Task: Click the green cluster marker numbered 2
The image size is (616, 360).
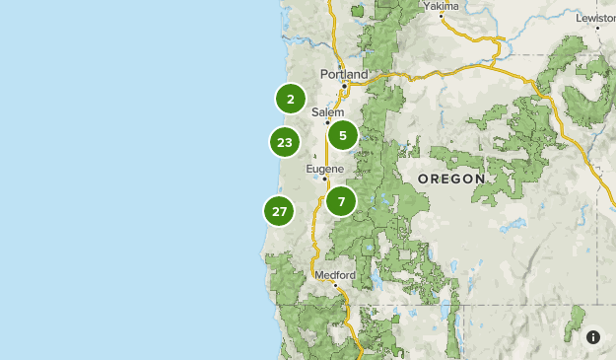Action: [290, 99]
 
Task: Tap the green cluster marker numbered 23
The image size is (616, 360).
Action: [285, 142]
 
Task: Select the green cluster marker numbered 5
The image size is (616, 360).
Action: [342, 135]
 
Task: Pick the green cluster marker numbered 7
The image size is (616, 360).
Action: [341, 201]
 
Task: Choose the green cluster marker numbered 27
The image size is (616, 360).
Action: [280, 211]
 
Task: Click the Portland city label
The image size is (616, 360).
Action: [344, 74]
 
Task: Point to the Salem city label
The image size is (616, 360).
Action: [327, 112]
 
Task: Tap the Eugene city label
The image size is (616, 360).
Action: [324, 169]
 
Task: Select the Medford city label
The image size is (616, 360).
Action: [331, 275]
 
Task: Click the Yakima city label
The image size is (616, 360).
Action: [442, 6]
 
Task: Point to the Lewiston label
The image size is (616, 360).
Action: [595, 19]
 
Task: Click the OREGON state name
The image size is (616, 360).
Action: [451, 179]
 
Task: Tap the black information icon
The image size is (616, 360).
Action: [593, 337]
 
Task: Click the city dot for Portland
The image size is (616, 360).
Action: [343, 86]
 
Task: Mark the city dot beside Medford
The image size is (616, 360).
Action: [335, 285]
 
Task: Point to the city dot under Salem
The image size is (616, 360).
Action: [328, 123]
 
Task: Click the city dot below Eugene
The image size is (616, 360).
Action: [325, 180]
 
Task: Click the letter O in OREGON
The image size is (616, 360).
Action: [423, 179]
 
